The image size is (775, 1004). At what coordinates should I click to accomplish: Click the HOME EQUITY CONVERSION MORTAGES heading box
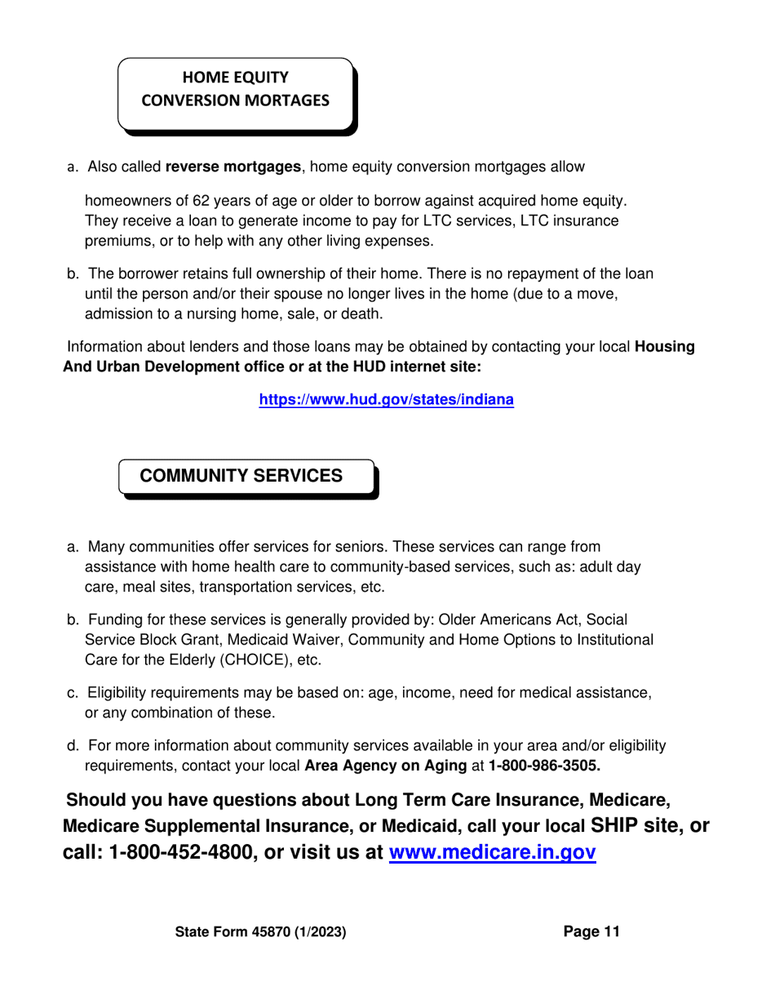236,90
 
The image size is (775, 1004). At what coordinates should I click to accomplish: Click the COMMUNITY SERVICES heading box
241,476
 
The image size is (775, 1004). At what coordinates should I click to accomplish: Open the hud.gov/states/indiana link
386,400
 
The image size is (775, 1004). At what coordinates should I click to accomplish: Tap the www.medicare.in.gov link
493,852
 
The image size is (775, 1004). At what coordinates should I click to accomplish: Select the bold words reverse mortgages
233,167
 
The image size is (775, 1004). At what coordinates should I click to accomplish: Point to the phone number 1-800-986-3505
544,766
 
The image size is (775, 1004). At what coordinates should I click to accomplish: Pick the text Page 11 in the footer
591,931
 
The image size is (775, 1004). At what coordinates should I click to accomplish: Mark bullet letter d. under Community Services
73,746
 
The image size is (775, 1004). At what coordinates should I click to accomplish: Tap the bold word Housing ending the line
665,347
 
